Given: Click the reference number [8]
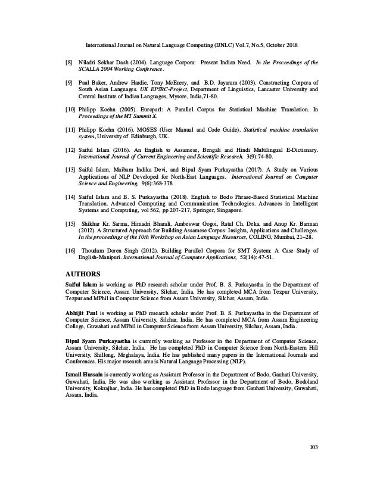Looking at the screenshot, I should pyautogui.click(x=69, y=61).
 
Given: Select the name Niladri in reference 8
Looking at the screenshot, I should pyautogui.click(x=89, y=61).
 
